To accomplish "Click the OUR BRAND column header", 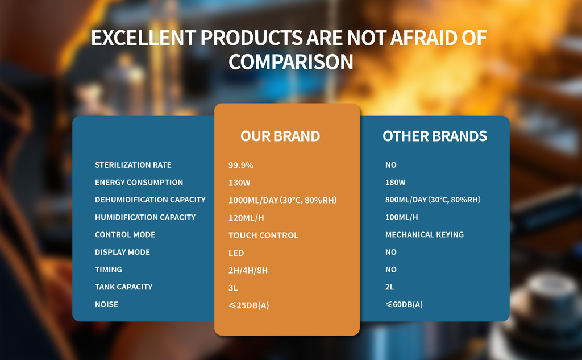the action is click(x=280, y=136).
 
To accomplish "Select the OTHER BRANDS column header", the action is click(x=435, y=136).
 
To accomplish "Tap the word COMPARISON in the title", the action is click(x=290, y=61).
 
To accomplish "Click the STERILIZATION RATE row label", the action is click(x=133, y=165).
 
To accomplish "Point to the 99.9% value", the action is click(x=240, y=165).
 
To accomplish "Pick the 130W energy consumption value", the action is click(x=239, y=183).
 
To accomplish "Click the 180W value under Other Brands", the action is click(x=396, y=183).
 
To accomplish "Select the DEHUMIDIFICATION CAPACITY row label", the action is click(x=150, y=200).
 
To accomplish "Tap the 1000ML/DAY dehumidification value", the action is click(x=282, y=200).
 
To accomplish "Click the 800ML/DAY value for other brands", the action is click(x=433, y=200).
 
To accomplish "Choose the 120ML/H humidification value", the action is click(x=246, y=218).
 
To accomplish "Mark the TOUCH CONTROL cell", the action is click(x=263, y=235).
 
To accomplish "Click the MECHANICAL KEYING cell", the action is click(x=424, y=235).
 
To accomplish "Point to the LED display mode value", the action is click(x=236, y=253).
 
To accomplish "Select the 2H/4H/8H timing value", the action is click(x=248, y=270).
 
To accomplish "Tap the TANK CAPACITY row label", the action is click(x=123, y=287).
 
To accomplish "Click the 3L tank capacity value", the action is click(x=232, y=288).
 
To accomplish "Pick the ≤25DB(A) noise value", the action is click(x=249, y=305).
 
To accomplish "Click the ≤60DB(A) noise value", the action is click(x=404, y=304).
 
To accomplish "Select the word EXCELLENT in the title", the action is click(x=144, y=38).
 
